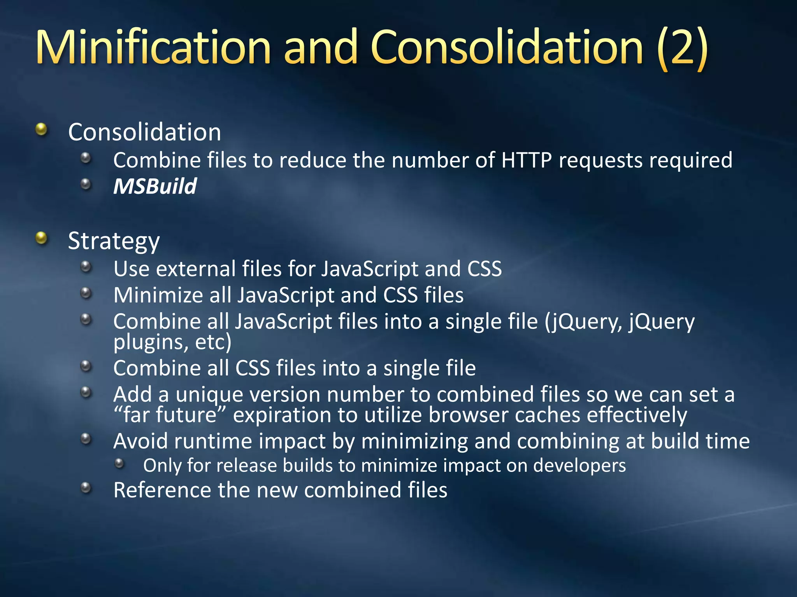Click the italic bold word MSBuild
(155, 186)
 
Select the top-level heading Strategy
(114, 241)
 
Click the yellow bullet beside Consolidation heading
(41, 129)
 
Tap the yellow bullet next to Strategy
(41, 238)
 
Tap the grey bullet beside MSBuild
(86, 184)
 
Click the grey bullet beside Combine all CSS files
(86, 366)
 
